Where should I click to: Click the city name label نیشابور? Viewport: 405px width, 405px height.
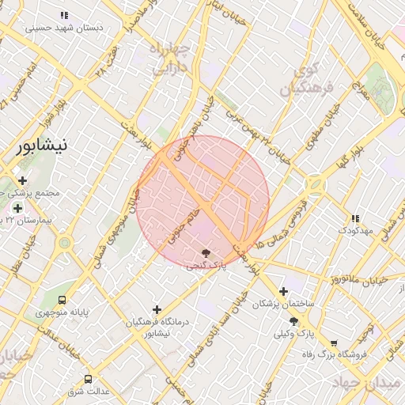(x=42, y=145)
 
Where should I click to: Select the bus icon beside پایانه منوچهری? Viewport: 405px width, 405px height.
(x=62, y=300)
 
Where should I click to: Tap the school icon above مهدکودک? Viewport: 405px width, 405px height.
(x=354, y=218)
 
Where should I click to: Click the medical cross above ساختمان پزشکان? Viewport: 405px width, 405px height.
(x=283, y=290)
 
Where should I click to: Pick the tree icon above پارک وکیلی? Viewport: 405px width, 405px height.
(x=294, y=321)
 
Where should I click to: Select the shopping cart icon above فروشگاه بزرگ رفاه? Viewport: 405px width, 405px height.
(x=334, y=343)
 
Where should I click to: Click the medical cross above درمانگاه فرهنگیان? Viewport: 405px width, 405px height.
(x=157, y=309)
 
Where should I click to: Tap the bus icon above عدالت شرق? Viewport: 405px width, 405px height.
(x=87, y=378)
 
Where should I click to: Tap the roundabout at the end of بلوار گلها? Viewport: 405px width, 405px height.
(x=316, y=184)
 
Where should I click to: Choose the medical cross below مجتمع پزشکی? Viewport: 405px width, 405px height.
(x=17, y=207)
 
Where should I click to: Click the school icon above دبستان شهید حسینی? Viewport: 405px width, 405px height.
(x=65, y=15)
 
